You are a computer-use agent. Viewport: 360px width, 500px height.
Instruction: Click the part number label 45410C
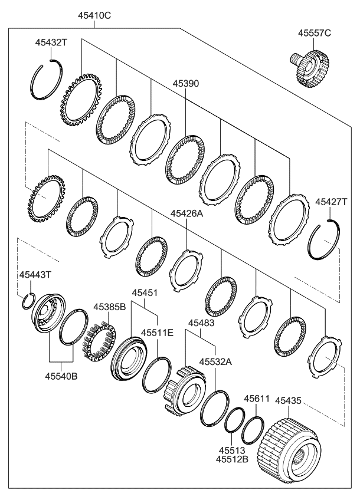[94, 15]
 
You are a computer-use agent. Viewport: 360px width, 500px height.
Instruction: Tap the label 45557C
[315, 33]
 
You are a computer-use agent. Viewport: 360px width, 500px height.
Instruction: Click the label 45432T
[52, 42]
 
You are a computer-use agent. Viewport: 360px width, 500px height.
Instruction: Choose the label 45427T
[331, 202]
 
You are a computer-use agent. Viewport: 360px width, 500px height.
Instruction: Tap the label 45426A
[186, 214]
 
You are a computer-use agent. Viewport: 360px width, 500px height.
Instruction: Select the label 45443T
[35, 275]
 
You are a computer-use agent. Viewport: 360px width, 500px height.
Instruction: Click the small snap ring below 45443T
[27, 302]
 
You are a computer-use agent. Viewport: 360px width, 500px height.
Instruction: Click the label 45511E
[157, 333]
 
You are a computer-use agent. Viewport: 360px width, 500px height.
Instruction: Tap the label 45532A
[214, 360]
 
